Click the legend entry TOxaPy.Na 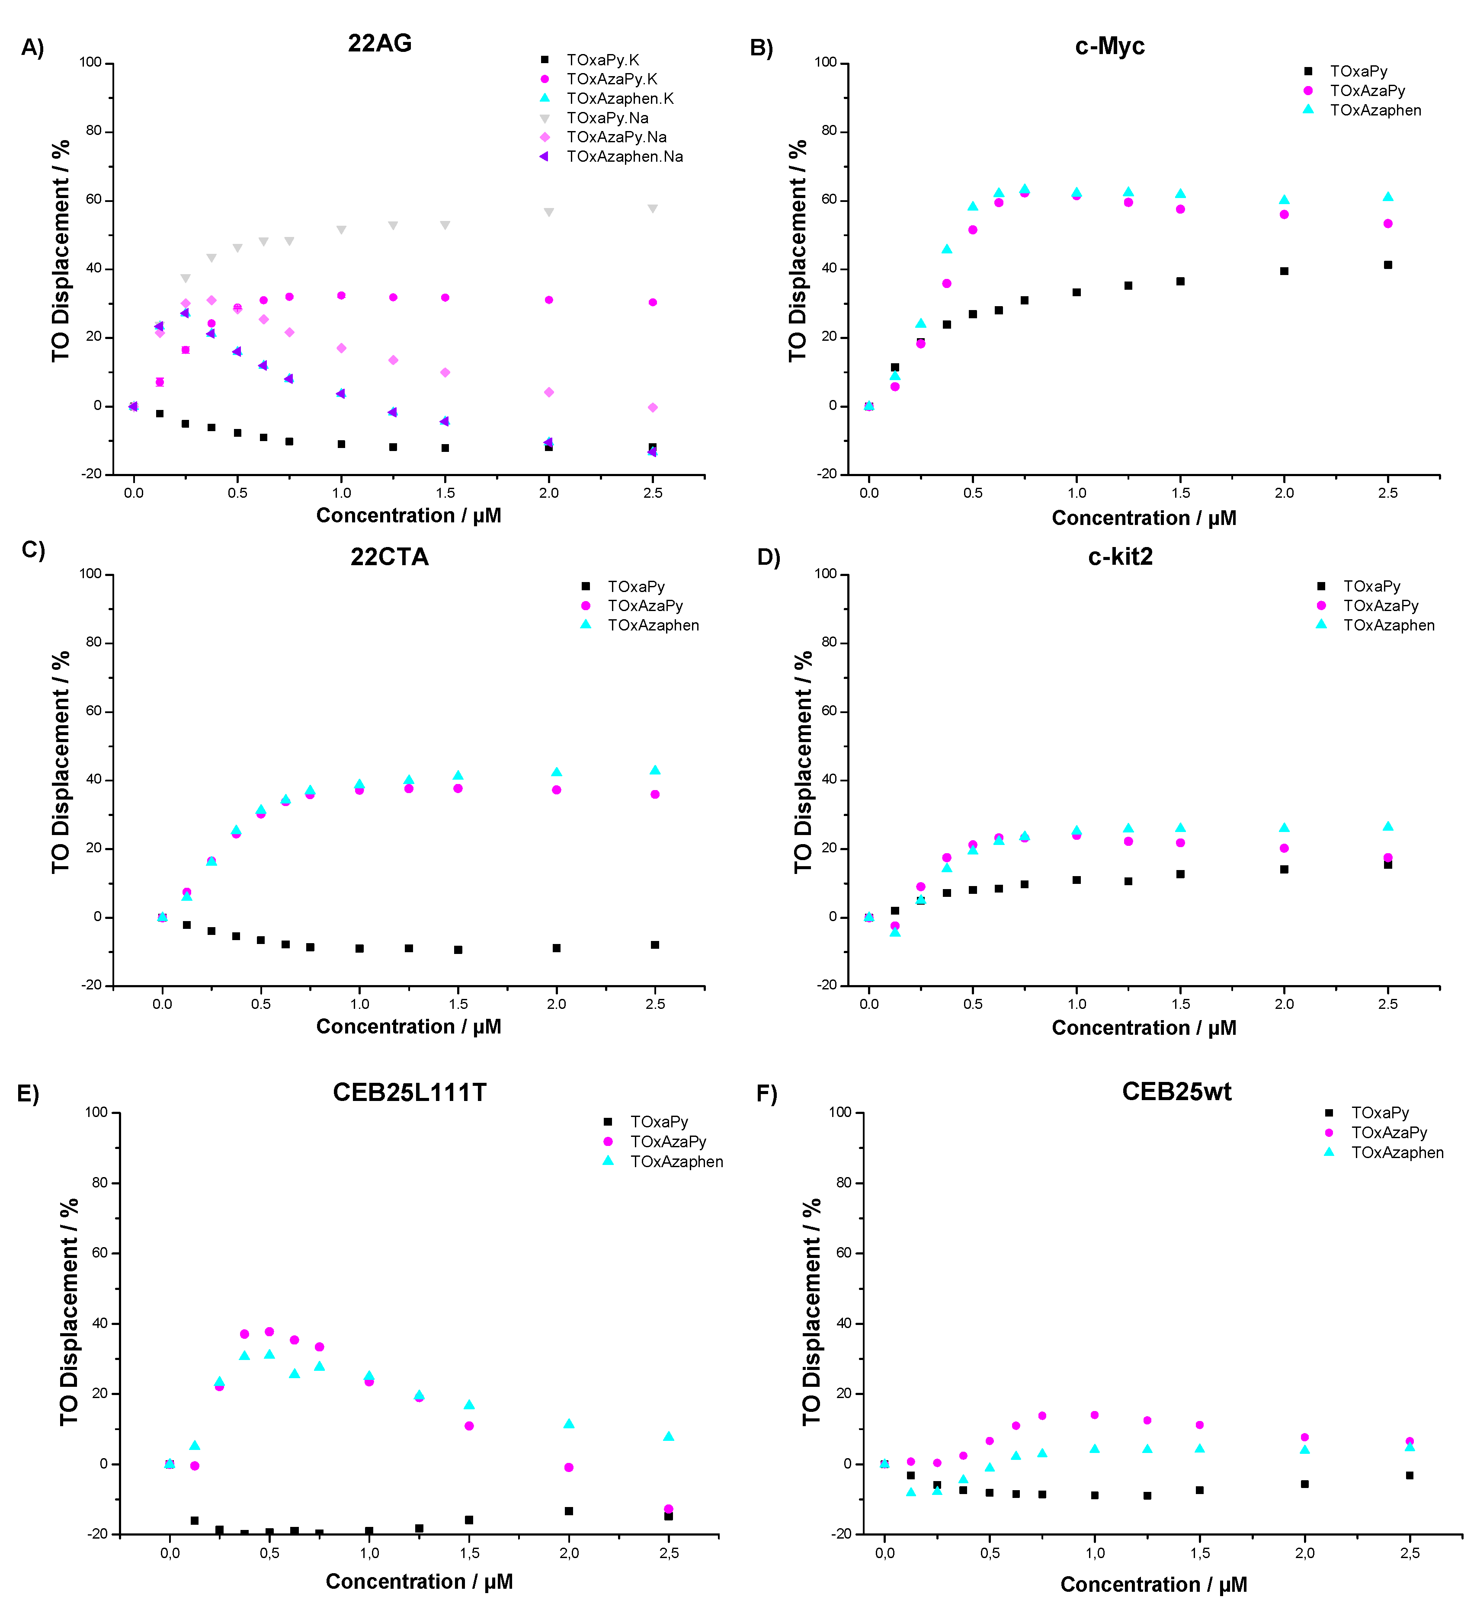607,118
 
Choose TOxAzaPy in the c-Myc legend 1367,90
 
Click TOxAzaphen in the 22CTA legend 653,625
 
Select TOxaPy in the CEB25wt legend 1379,1113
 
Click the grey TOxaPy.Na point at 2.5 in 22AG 653,208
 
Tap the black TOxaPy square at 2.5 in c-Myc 1388,265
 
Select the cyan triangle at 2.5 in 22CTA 655,770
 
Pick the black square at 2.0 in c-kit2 1284,869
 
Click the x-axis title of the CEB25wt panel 1153,1585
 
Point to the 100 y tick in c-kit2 826,574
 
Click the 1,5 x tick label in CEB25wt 1200,1553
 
